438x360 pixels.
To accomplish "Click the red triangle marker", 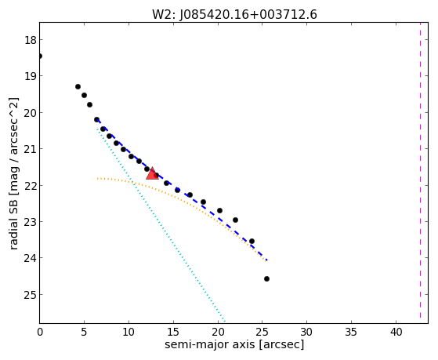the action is (152, 173).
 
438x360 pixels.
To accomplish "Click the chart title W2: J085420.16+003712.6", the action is (234, 15).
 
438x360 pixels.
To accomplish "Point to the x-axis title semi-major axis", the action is (209, 344).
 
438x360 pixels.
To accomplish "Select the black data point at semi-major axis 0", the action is (40, 56).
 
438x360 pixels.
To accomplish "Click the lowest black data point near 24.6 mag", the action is (266, 278).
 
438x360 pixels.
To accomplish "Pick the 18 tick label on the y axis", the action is (31, 40).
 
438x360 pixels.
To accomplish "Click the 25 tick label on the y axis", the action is (31, 295).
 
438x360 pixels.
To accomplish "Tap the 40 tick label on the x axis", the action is (396, 332).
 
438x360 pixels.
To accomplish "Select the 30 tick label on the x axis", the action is (306, 332).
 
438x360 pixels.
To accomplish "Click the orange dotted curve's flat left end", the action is (97, 178).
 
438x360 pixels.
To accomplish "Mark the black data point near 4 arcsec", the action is (78, 87).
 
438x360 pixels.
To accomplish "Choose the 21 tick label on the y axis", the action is (31, 148).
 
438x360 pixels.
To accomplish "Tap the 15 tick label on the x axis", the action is (173, 332).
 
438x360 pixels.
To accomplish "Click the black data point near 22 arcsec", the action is (236, 220).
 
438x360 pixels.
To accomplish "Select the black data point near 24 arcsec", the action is (252, 241).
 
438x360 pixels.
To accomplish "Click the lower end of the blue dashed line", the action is (267, 260).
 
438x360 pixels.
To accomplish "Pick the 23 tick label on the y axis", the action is (31, 221).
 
